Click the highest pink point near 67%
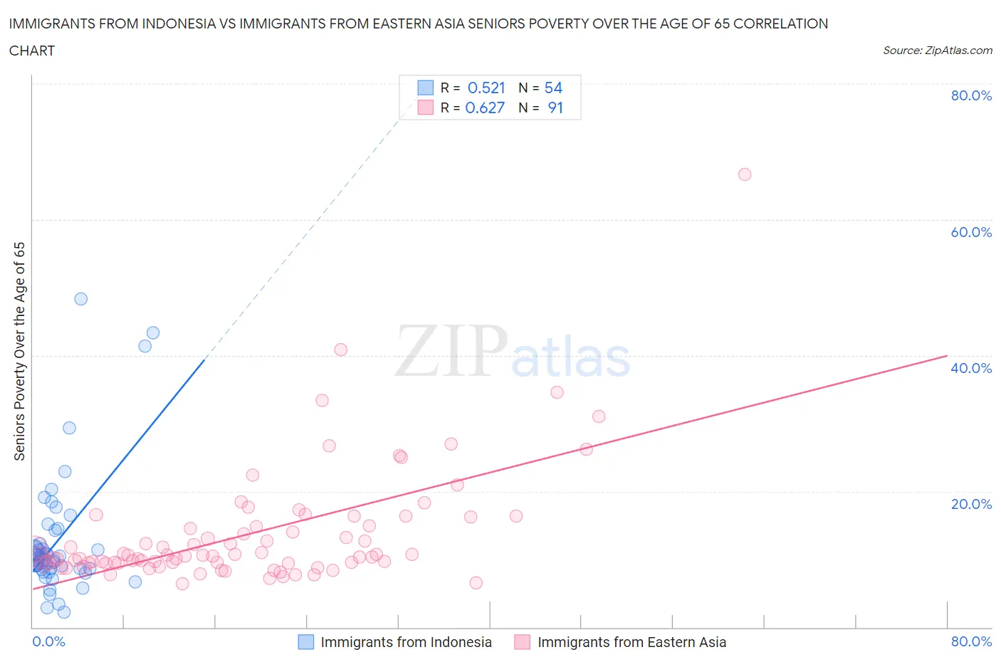click(745, 174)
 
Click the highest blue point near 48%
click(81, 299)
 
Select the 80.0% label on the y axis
click(971, 95)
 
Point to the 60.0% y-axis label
click(971, 232)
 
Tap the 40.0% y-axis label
click(971, 368)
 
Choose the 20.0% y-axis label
click(971, 504)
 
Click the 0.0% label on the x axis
click(48, 641)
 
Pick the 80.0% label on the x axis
click(971, 641)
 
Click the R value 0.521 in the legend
click(486, 88)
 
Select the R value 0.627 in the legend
click(485, 107)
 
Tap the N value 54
click(553, 88)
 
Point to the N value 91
click(555, 107)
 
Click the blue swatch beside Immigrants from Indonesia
click(305, 642)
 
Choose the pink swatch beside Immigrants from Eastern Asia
click(523, 642)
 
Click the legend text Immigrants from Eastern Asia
click(631, 642)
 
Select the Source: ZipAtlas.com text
click(937, 51)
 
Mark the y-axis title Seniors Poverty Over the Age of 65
click(20, 351)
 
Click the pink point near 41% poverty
click(341, 350)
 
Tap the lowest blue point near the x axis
click(64, 612)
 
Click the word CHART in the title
click(32, 51)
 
